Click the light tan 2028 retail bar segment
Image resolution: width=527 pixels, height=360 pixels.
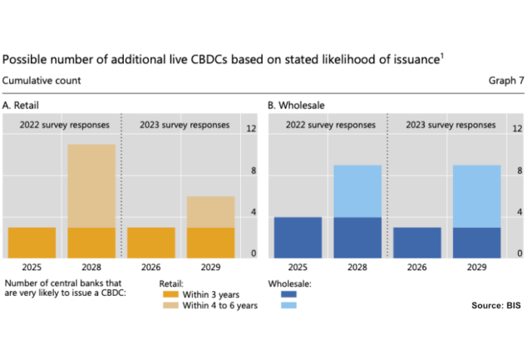click(x=91, y=186)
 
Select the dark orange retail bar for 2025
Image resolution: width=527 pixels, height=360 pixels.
click(x=32, y=242)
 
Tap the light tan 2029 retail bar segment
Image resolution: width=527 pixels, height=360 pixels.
click(x=210, y=212)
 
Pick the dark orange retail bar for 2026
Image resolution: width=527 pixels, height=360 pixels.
click(x=150, y=242)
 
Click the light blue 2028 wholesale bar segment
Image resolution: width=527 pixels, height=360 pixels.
click(x=357, y=191)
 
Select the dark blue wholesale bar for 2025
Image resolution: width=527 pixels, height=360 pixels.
click(x=298, y=237)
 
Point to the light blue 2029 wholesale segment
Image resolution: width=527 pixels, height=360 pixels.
click(x=477, y=196)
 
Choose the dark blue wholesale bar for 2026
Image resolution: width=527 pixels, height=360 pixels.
click(x=416, y=242)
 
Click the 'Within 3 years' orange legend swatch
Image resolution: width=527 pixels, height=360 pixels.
click(x=171, y=294)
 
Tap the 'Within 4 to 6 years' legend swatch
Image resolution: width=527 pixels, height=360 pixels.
click(x=171, y=306)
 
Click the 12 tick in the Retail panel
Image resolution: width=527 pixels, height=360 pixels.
click(x=251, y=129)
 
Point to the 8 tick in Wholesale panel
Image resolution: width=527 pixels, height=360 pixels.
click(x=517, y=171)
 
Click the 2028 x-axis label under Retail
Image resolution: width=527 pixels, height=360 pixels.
click(x=91, y=269)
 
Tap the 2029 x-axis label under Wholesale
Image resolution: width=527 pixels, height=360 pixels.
click(x=477, y=269)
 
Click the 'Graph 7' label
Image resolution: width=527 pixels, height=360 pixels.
click(x=506, y=81)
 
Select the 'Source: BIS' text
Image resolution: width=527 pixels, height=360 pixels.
click(x=496, y=306)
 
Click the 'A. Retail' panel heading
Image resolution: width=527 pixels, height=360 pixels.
click(x=22, y=106)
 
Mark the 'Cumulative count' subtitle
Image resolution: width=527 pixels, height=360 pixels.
click(x=42, y=81)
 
